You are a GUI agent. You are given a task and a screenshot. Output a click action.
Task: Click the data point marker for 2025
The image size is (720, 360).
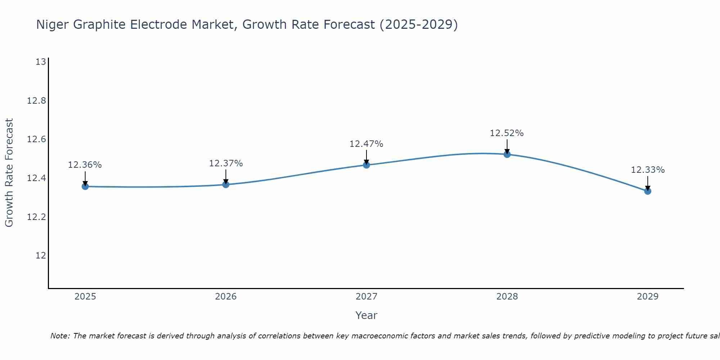coord(85,186)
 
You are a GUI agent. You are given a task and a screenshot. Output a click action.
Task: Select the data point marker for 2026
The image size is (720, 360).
coord(226,185)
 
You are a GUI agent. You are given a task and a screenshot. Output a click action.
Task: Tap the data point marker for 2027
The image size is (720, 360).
coord(366,165)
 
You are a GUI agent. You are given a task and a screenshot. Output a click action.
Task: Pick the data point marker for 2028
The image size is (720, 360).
coord(507,154)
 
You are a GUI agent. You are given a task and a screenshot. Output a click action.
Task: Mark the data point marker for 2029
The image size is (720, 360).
coord(648,191)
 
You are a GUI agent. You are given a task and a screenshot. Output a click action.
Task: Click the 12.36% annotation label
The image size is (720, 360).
coord(85,165)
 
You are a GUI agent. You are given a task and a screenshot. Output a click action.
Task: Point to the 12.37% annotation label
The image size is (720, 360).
coord(226,163)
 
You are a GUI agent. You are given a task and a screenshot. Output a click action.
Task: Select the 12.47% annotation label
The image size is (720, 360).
coord(366,144)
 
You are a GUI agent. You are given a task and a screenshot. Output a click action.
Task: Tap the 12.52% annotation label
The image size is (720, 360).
coord(507,133)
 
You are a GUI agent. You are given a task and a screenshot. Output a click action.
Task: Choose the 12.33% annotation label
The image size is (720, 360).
coord(648,170)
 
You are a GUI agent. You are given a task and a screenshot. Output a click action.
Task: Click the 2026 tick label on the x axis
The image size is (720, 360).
coord(226,297)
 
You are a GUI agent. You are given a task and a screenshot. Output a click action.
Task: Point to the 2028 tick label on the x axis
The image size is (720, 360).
coord(507,297)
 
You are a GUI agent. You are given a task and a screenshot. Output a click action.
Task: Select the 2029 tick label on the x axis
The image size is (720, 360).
coord(648,297)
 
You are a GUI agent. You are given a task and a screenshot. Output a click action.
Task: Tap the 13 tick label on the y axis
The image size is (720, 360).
coord(41,62)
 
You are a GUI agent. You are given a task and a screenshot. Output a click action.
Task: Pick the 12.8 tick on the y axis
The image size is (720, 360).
coord(37,101)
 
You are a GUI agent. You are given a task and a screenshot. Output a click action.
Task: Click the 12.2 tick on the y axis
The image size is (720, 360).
coord(37,217)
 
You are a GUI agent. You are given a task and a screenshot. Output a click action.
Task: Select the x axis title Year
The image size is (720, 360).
coord(366,315)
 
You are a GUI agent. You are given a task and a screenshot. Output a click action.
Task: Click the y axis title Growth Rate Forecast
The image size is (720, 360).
coord(9,173)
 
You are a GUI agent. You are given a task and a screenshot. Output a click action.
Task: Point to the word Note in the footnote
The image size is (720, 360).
coord(60,336)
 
